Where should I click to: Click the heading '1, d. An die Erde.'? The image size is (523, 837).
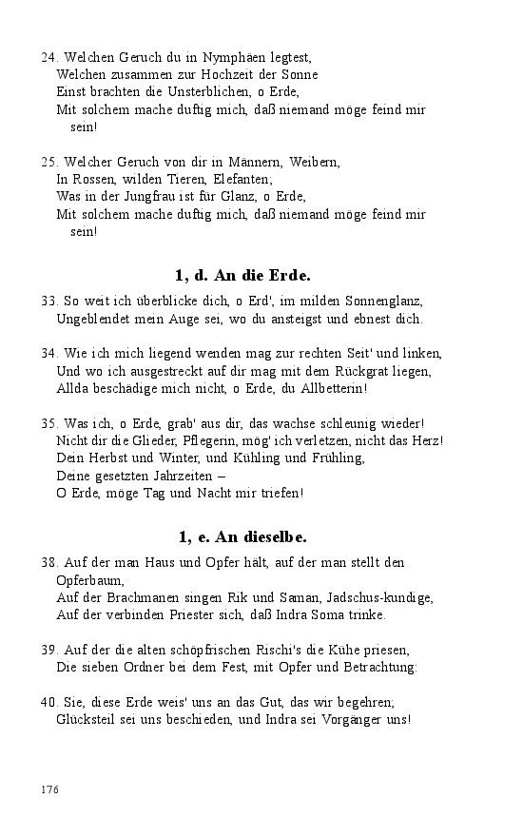point(242,276)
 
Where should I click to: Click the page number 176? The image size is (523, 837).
point(50,789)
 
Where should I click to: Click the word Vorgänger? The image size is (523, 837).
point(351,719)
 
